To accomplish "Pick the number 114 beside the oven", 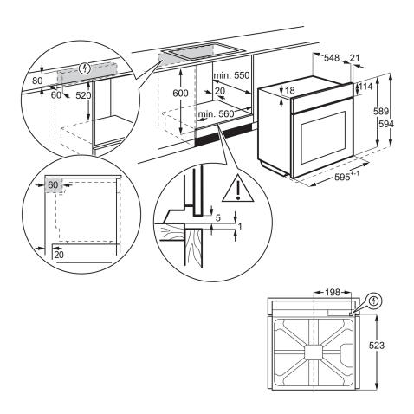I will click(x=367, y=87).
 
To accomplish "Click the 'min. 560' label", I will click(x=217, y=113).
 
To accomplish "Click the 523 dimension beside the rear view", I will click(x=394, y=345).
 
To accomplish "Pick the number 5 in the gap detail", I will click(x=218, y=217).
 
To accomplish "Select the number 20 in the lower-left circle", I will click(x=57, y=254).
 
